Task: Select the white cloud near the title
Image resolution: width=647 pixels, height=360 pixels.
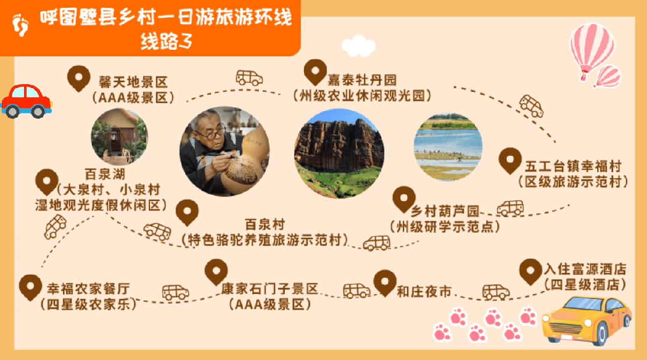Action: tap(358, 46)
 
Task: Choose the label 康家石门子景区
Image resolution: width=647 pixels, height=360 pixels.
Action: tap(269, 289)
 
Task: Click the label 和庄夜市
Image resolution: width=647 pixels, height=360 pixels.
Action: tap(423, 292)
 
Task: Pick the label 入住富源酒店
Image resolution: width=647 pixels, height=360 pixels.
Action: tap(585, 268)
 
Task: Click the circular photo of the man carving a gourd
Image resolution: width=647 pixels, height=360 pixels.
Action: tap(225, 151)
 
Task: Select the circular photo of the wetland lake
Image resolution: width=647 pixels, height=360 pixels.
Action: tap(447, 146)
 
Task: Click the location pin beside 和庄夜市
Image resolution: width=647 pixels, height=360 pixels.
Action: tap(384, 281)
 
